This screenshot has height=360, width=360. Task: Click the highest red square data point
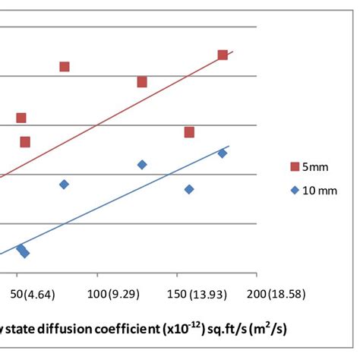coord(223,55)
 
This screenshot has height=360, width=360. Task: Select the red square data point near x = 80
coord(65,67)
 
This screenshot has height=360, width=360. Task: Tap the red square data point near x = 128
coord(142,82)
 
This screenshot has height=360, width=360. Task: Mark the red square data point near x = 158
coord(189,132)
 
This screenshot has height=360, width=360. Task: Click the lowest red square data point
coord(25,142)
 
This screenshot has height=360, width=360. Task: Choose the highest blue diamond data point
coord(223,153)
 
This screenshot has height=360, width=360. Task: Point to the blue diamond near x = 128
coord(142,165)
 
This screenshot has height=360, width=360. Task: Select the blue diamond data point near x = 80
coord(65,185)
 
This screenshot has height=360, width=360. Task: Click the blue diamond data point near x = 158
coord(189,189)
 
